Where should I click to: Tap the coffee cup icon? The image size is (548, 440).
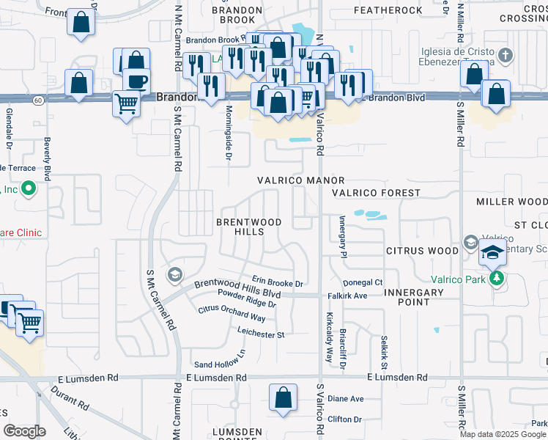(x=136, y=81)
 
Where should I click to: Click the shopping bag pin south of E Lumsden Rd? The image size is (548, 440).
(x=283, y=398)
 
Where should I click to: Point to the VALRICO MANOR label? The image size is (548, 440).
(x=300, y=180)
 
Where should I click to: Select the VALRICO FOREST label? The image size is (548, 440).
(x=375, y=193)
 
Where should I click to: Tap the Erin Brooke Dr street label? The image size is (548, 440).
(x=277, y=282)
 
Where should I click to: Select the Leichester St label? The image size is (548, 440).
(x=260, y=334)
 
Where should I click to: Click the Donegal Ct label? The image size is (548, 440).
(x=363, y=282)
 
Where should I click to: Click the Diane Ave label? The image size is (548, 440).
(x=345, y=399)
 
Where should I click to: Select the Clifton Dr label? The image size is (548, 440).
(x=345, y=419)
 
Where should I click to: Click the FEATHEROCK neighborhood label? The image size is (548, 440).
(x=388, y=10)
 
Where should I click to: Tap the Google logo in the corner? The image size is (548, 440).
(x=24, y=431)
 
